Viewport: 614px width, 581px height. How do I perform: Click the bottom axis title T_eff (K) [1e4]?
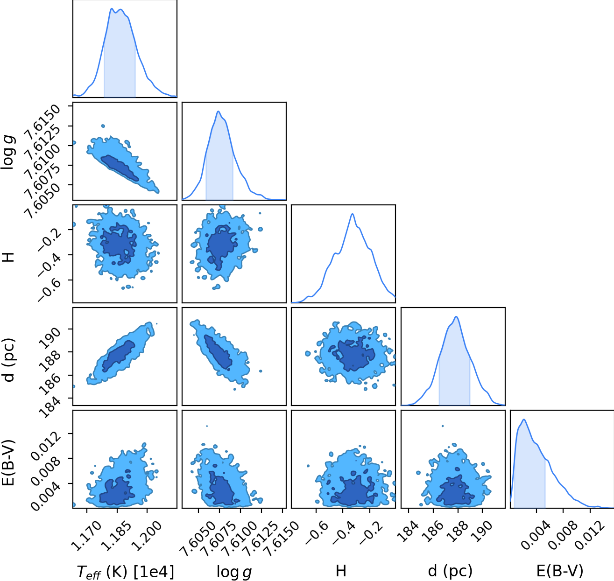coord(125,571)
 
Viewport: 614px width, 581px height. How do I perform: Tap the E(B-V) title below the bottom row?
coord(560,571)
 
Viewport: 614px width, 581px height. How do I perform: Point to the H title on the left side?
coord(9,257)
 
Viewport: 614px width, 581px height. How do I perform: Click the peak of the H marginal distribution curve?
coord(352,214)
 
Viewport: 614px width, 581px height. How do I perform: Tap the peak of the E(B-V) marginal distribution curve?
coord(524,419)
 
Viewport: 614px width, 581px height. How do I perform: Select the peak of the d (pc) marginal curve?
coord(456,316)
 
